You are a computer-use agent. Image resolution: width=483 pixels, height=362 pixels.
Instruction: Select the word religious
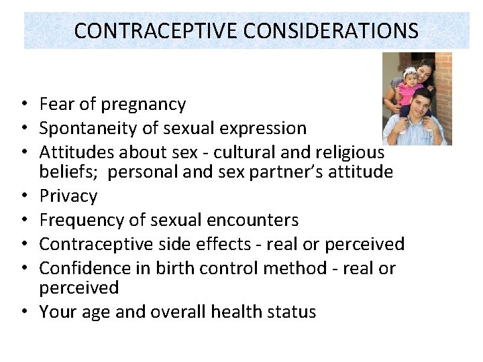tap(348, 152)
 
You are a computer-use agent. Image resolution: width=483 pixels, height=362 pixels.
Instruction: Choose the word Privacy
tap(68, 196)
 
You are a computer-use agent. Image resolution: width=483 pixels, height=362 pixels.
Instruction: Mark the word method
tap(301, 268)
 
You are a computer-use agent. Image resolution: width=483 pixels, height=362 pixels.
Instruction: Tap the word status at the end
tap(290, 312)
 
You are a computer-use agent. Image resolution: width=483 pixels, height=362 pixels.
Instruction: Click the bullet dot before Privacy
tap(23, 196)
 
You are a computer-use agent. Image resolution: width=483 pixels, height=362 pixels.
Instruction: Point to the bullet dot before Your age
tap(23, 312)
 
